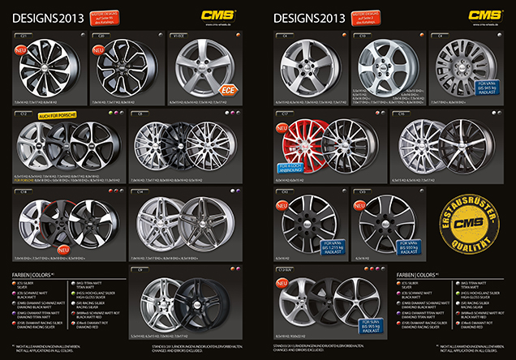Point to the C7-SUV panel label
pyautogui.click(x=286, y=269)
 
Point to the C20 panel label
pyautogui.click(x=102, y=36)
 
